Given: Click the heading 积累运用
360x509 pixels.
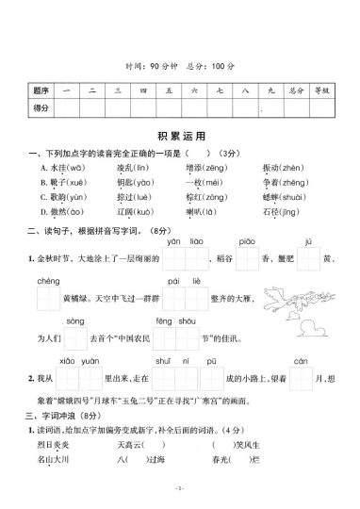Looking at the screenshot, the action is click(x=179, y=137).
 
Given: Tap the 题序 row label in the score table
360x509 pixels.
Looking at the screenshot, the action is click(x=41, y=90).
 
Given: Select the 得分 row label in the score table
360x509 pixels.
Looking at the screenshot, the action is click(x=41, y=109).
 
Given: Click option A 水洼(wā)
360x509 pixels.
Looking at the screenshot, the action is click(x=63, y=167).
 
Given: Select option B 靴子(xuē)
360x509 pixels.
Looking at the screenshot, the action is click(x=63, y=182).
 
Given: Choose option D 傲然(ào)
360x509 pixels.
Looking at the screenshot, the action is click(x=63, y=212).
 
